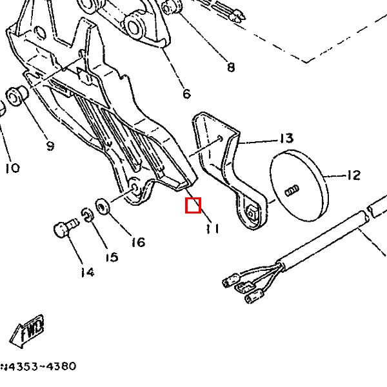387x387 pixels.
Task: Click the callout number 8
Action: click(231, 66)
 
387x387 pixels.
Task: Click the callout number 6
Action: click(186, 94)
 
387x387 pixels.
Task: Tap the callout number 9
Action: click(50, 145)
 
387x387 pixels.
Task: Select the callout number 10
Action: click(12, 168)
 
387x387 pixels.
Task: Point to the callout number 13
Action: click(286, 139)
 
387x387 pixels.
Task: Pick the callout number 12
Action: click(353, 175)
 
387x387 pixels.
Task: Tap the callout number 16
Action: click(137, 242)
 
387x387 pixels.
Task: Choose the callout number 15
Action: click(111, 257)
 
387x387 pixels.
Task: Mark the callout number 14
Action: click(87, 272)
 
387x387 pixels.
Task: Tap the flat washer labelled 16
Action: click(102, 207)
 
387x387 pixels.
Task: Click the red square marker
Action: click(193, 206)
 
